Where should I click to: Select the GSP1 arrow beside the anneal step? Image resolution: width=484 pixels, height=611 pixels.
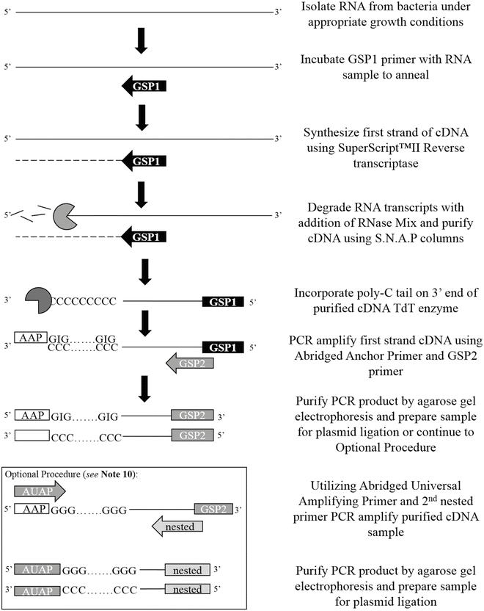(144, 87)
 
